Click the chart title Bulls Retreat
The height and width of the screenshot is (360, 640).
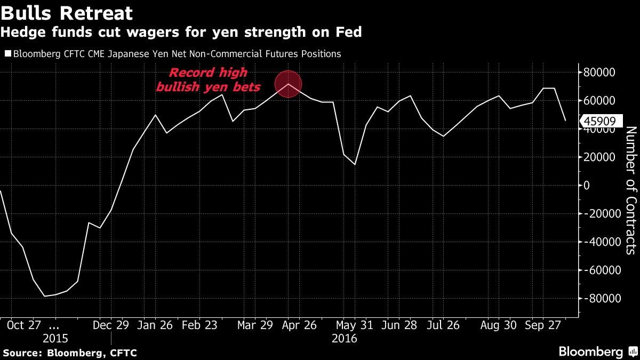click(x=67, y=12)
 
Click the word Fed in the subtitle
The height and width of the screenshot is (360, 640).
click(x=350, y=33)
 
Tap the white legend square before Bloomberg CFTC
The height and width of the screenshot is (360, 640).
click(x=7, y=54)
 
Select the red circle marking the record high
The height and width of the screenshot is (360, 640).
click(x=289, y=84)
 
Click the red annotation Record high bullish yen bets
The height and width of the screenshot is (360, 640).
click(x=208, y=80)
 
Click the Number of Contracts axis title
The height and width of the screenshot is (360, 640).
click(x=630, y=190)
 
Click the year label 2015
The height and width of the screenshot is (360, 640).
click(x=55, y=339)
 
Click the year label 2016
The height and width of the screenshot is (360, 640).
click(x=345, y=339)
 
